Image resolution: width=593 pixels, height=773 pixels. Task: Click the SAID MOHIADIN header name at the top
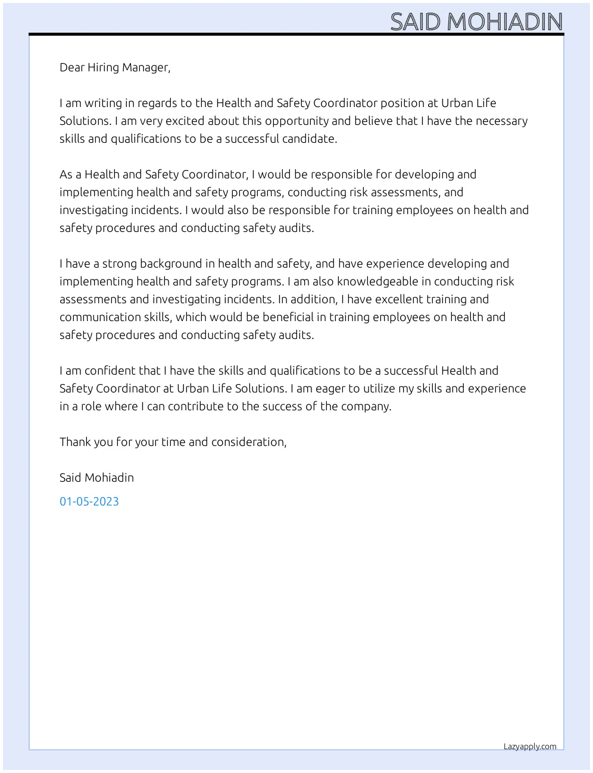476,22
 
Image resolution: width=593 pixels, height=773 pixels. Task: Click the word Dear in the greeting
72,67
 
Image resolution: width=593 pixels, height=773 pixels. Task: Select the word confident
110,370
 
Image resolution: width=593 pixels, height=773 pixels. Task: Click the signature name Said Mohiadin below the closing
96,477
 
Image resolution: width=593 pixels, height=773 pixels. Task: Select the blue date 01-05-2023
89,501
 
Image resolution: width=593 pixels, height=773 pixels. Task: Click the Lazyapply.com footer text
530,746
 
